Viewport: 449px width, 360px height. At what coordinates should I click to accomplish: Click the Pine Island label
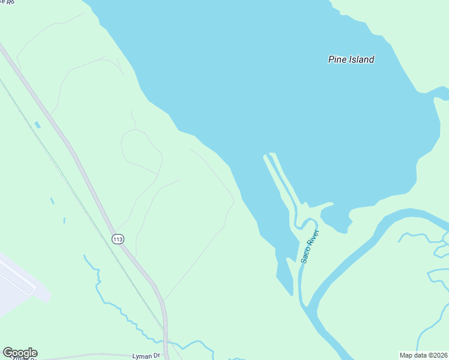[351, 59]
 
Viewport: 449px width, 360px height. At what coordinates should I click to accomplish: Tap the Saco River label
[310, 246]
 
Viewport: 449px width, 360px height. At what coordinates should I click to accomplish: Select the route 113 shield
[118, 239]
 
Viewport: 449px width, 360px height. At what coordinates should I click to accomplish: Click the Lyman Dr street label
[146, 356]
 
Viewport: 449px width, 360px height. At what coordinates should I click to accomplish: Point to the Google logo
[20, 353]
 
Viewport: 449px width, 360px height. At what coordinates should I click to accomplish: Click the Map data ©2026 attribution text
[424, 355]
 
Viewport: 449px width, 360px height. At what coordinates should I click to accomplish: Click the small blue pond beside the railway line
[38, 125]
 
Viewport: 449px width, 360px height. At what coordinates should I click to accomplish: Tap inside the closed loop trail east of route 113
[142, 151]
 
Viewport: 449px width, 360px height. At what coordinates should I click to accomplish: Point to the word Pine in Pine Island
[337, 59]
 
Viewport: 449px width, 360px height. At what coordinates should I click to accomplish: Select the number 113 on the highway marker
[118, 239]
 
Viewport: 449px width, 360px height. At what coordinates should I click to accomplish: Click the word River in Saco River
[314, 237]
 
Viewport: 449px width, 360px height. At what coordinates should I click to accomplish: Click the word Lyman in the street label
[142, 356]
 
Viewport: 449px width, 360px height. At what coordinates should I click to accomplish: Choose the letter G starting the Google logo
[8, 353]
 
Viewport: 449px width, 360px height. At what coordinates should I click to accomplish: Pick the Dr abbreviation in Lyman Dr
[157, 356]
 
